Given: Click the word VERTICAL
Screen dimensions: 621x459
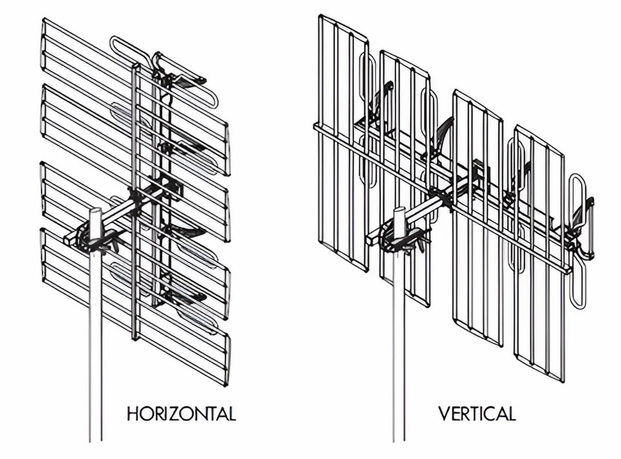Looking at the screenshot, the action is pyautogui.click(x=477, y=413).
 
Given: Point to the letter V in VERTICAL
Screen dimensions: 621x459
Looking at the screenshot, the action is pyautogui.click(x=445, y=413).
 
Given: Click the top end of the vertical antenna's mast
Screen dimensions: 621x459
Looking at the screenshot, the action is pyautogui.click(x=399, y=209).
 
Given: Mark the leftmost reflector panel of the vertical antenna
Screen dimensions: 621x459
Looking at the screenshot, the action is pyautogui.click(x=344, y=143).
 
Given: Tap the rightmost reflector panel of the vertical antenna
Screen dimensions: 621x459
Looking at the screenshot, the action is pyautogui.click(x=539, y=254).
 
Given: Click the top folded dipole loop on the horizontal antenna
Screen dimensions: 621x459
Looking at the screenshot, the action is pyautogui.click(x=164, y=71).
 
